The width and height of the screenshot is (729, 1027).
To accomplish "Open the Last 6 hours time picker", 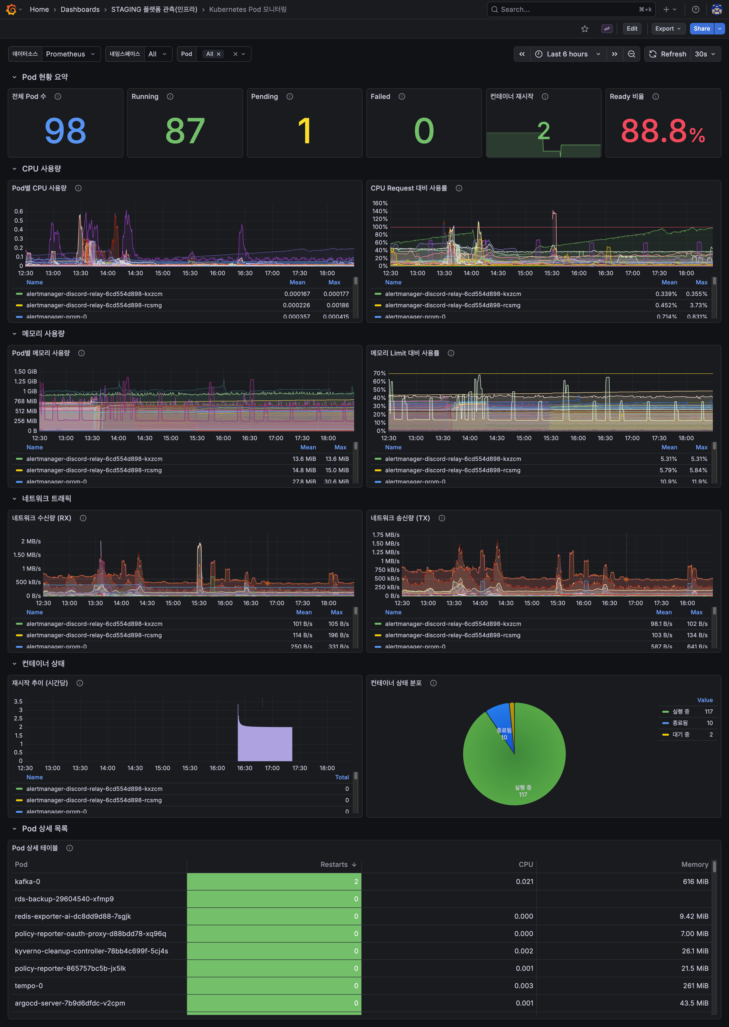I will [567, 54].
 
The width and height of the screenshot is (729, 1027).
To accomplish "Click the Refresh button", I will [668, 54].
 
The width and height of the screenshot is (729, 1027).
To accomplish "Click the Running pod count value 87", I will [185, 131].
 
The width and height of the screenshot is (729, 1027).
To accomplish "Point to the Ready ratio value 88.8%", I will [662, 131].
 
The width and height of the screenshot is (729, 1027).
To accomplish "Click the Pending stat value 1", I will [304, 131].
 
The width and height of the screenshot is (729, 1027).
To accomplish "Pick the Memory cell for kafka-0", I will [695, 882].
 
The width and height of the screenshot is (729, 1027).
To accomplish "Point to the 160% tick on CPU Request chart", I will [380, 203].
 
